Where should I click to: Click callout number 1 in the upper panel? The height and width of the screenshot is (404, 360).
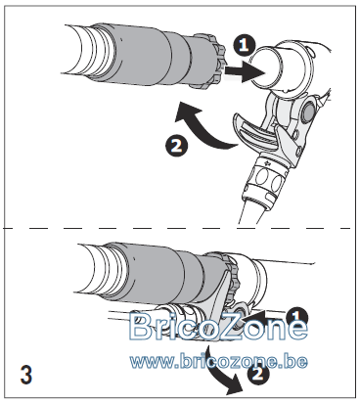pyautogui.click(x=245, y=44)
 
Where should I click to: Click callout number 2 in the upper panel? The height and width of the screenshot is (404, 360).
pyautogui.click(x=177, y=146)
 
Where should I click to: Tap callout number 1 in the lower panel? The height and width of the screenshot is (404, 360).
pyautogui.click(x=296, y=317)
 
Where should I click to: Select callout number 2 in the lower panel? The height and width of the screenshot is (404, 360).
pyautogui.click(x=258, y=373)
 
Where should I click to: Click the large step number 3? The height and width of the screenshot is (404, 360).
pyautogui.click(x=26, y=375)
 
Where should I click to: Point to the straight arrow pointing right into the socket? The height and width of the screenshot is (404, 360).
pyautogui.click(x=246, y=71)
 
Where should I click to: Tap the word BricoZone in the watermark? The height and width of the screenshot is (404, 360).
pyautogui.click(x=218, y=326)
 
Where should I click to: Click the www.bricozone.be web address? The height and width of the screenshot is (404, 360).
pyautogui.click(x=218, y=361)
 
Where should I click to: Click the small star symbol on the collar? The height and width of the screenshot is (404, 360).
pyautogui.click(x=268, y=163)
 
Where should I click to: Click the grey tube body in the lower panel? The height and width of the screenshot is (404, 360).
pyautogui.click(x=163, y=274)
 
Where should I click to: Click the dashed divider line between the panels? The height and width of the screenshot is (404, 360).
pyautogui.click(x=178, y=228)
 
